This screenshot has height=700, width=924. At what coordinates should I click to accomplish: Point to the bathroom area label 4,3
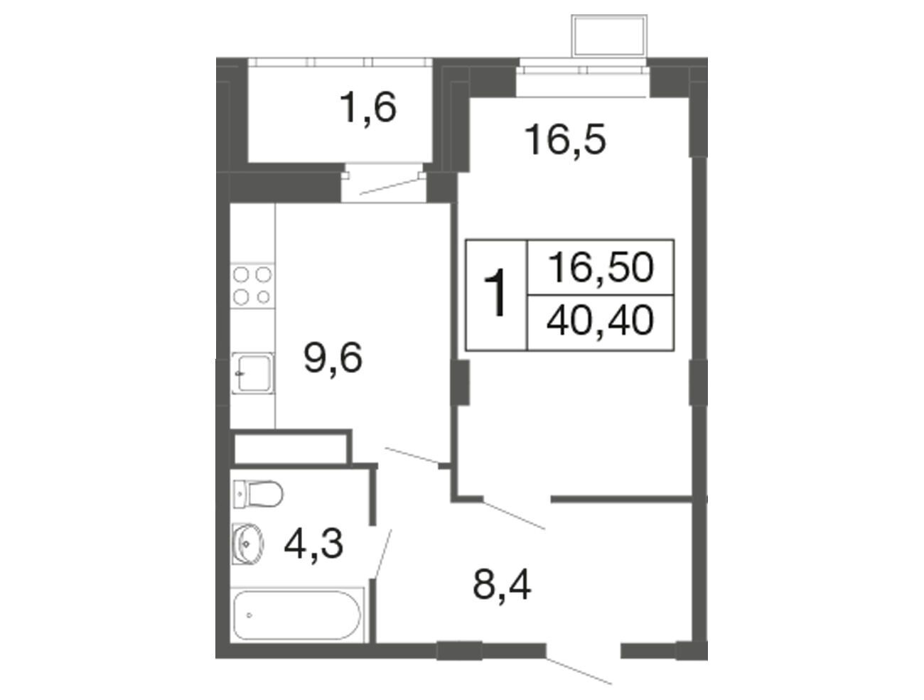click(313, 544)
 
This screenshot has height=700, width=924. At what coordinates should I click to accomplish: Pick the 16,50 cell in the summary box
click(601, 267)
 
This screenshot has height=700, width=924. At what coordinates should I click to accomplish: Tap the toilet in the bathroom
click(257, 493)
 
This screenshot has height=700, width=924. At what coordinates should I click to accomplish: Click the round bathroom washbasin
click(248, 544)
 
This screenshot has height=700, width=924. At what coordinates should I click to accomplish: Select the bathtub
click(297, 615)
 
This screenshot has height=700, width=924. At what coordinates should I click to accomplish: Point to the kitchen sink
click(253, 373)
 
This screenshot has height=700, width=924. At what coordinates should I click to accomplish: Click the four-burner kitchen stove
click(252, 286)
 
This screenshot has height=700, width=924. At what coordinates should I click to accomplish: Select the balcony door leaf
click(390, 186)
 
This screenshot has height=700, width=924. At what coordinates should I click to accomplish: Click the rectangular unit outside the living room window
click(608, 36)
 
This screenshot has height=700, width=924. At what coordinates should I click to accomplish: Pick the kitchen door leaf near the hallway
click(412, 456)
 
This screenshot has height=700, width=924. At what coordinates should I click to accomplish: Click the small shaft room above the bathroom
click(291, 448)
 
